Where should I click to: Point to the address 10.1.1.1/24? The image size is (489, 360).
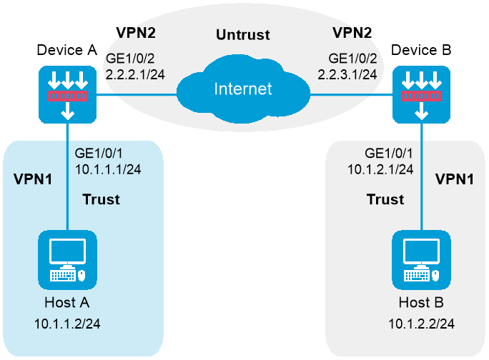pyautogui.click(x=107, y=169)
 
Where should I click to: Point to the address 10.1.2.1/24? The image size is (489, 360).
pyautogui.click(x=380, y=169)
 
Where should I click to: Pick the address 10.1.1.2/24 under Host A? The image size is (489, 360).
pyautogui.click(x=67, y=324)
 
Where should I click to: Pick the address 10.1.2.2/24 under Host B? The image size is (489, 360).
pyautogui.click(x=421, y=324)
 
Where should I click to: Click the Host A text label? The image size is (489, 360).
pyautogui.click(x=67, y=302)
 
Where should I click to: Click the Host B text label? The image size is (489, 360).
pyautogui.click(x=421, y=302)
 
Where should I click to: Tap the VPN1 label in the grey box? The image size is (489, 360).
pyautogui.click(x=455, y=178)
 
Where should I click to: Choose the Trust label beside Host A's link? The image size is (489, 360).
pyautogui.click(x=101, y=199)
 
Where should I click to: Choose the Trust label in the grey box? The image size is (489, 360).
pyautogui.click(x=385, y=199)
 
